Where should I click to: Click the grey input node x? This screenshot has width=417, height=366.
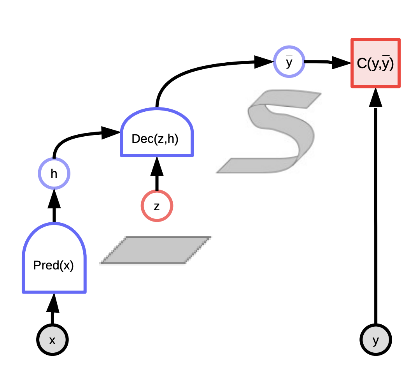click(x=53, y=340)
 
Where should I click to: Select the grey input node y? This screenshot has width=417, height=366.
click(x=375, y=340)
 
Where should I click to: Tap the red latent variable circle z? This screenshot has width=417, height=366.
click(x=157, y=206)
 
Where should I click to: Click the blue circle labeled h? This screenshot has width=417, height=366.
click(x=54, y=174)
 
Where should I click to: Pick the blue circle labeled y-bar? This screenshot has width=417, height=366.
click(x=289, y=62)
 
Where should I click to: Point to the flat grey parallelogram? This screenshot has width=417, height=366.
click(x=156, y=250)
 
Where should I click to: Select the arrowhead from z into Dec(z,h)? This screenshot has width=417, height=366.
click(x=157, y=167)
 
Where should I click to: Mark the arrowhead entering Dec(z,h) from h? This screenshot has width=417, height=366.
click(x=111, y=132)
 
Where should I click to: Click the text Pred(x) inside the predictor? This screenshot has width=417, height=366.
click(x=53, y=266)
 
